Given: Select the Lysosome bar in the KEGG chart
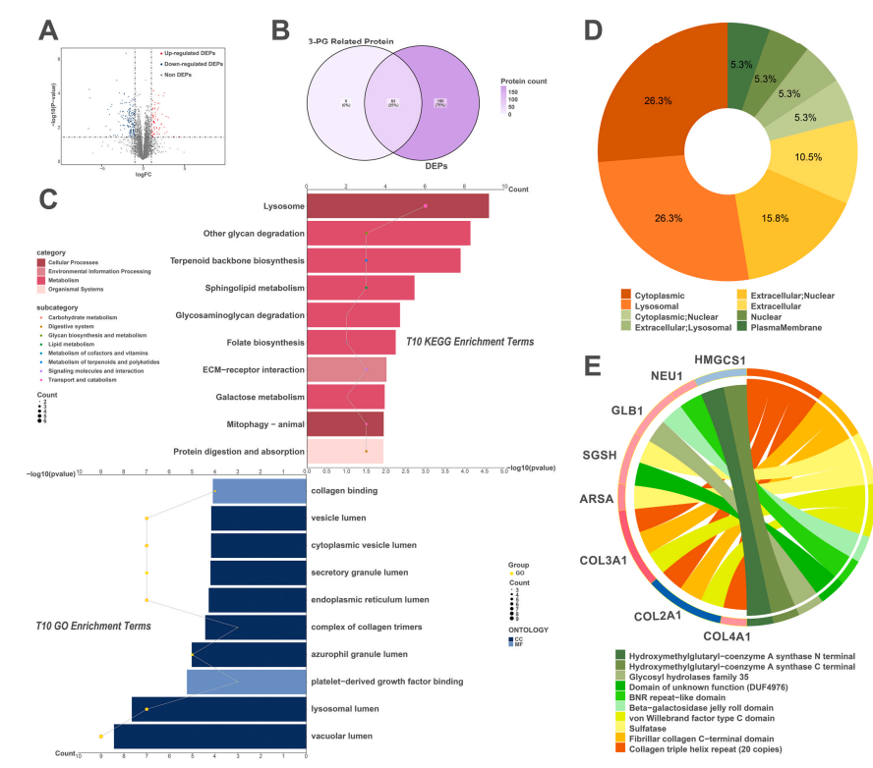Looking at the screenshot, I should pyautogui.click(x=397, y=206).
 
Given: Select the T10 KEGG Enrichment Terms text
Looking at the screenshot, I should pyautogui.click(x=470, y=342).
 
